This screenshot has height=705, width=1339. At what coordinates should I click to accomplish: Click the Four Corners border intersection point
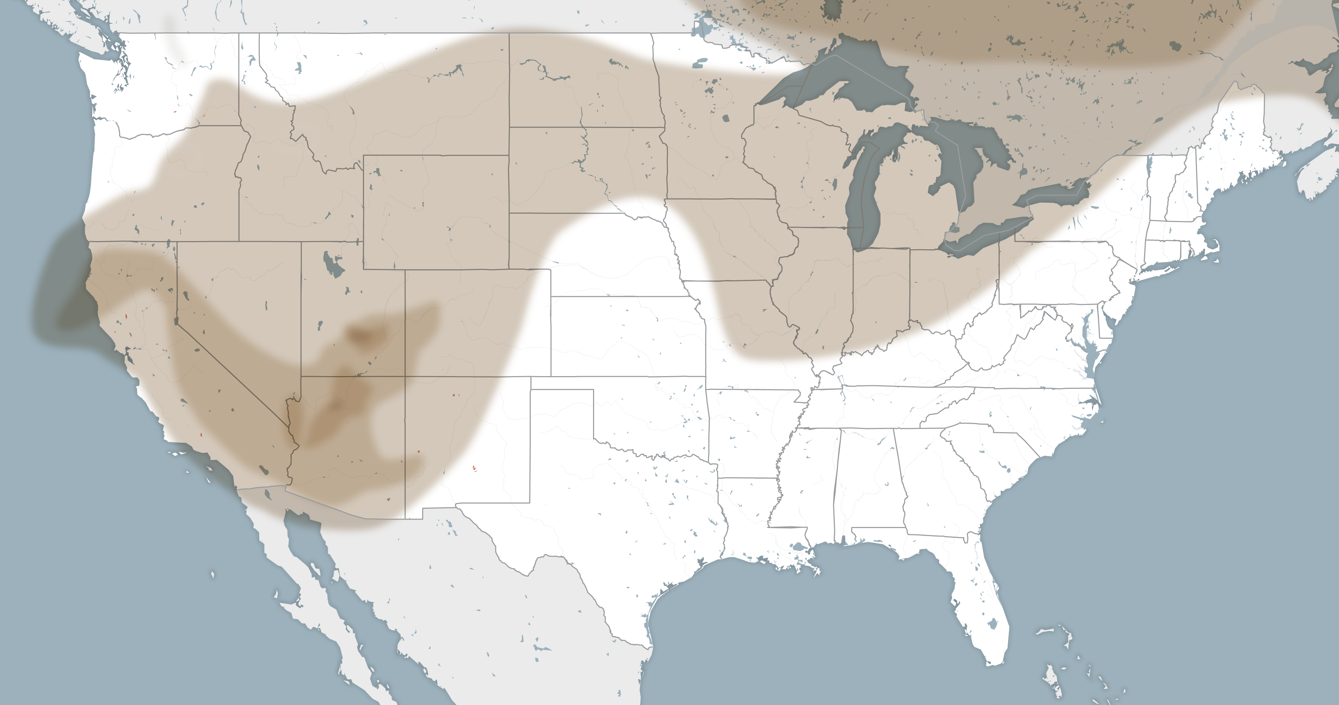[405, 376]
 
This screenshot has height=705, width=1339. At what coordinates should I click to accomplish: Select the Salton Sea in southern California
[264, 471]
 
